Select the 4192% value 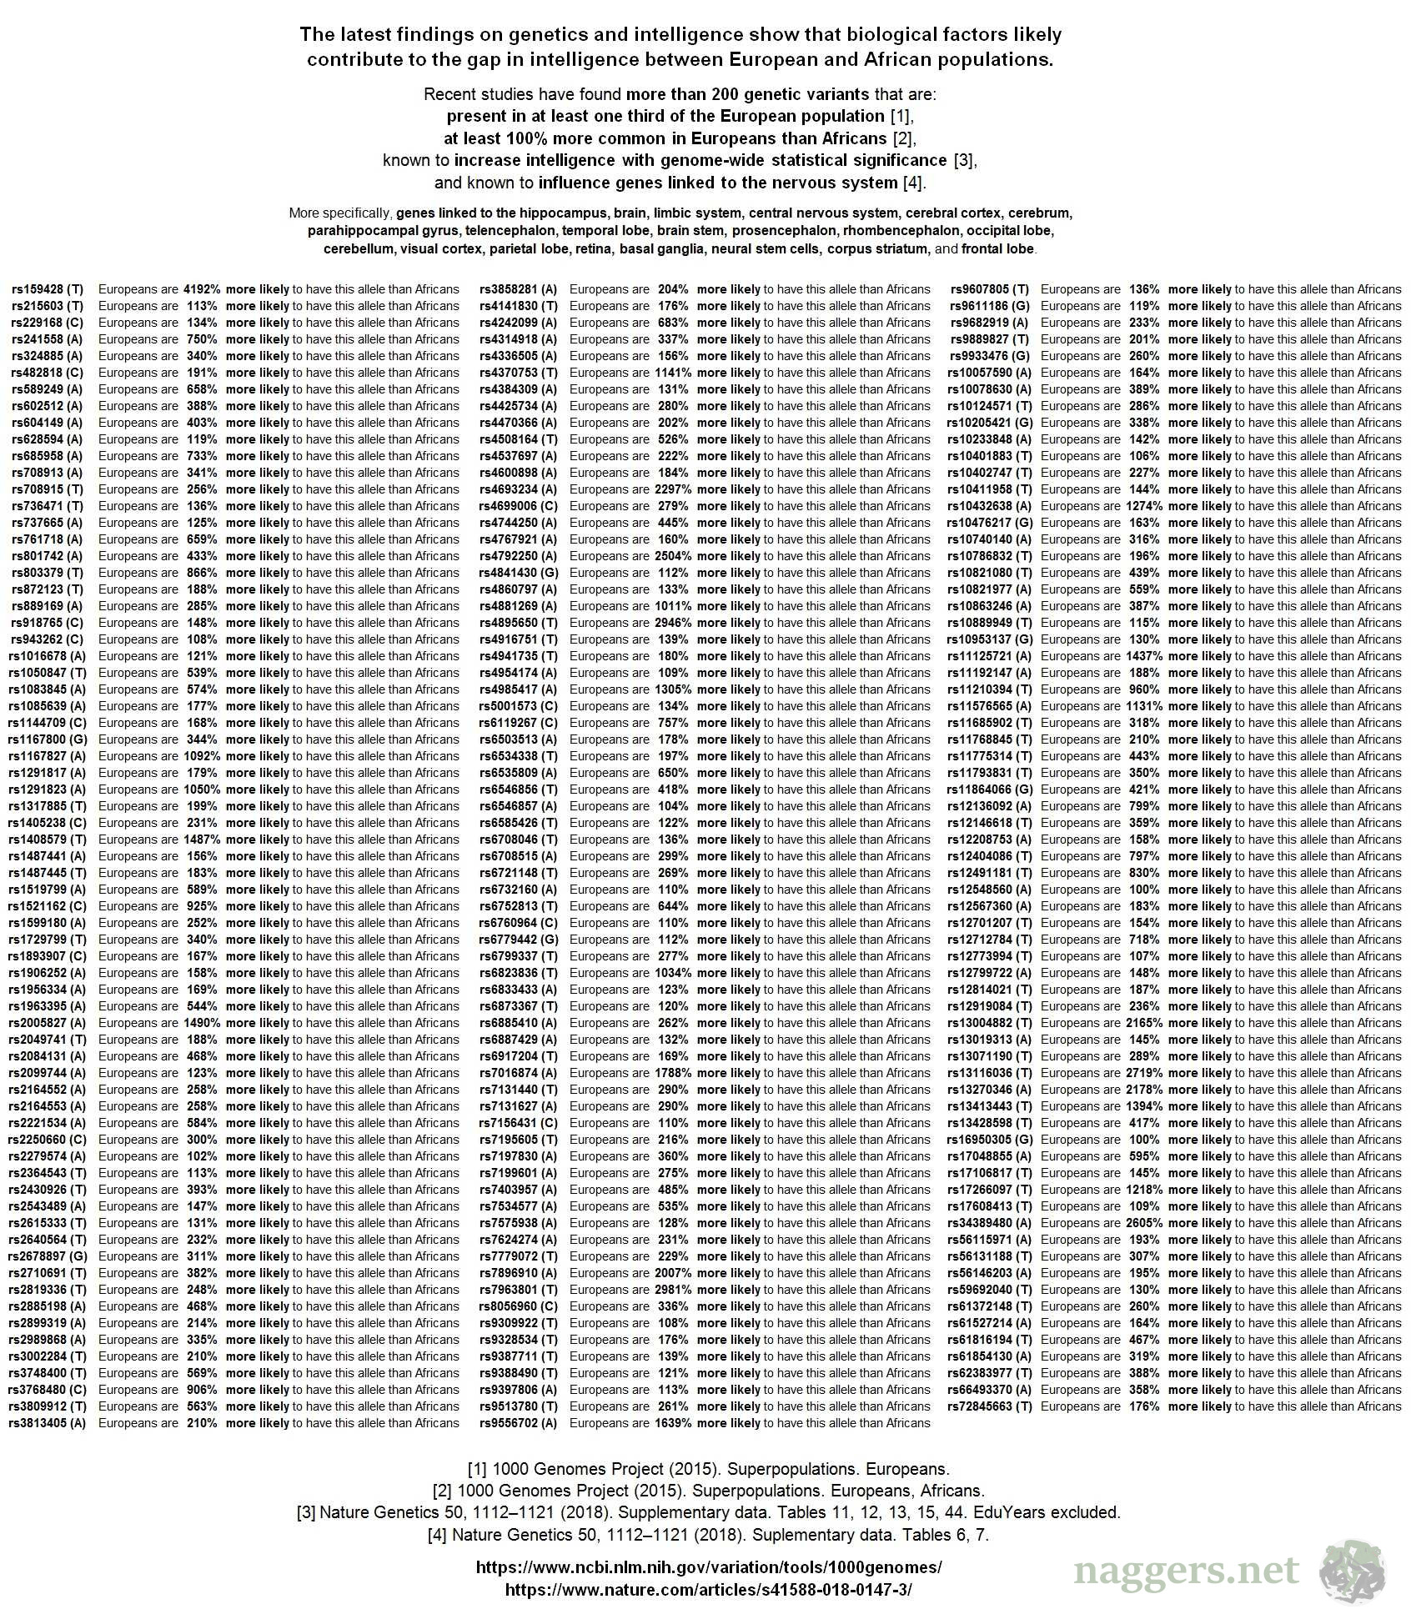pyautogui.click(x=202, y=289)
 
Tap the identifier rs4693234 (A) pyautogui.click(x=518, y=489)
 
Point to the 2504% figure pyautogui.click(x=673, y=556)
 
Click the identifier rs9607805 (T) pyautogui.click(x=990, y=289)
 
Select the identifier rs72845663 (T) pyautogui.click(x=990, y=1406)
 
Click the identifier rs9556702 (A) pyautogui.click(x=518, y=1423)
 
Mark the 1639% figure pyautogui.click(x=673, y=1423)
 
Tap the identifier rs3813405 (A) pyautogui.click(x=48, y=1423)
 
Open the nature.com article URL pyautogui.click(x=708, y=1589)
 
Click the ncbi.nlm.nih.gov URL pyautogui.click(x=708, y=1567)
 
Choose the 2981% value pyautogui.click(x=673, y=1290)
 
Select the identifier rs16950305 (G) pyautogui.click(x=990, y=1140)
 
